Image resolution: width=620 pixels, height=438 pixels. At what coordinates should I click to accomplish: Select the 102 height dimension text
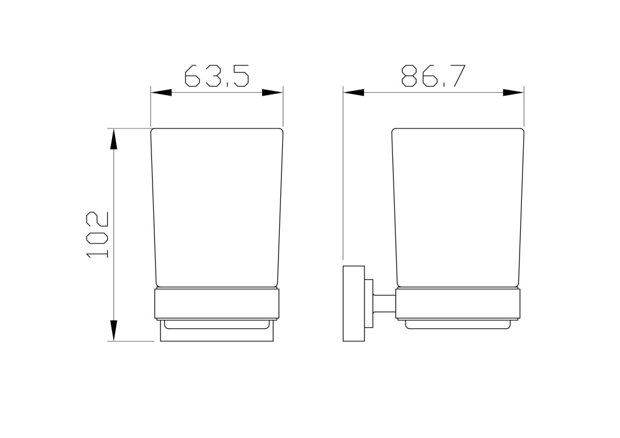[97, 235]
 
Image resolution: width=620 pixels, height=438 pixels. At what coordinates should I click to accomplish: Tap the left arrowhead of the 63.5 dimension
[161, 93]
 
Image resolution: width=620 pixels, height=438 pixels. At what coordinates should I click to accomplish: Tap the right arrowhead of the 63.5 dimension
[272, 93]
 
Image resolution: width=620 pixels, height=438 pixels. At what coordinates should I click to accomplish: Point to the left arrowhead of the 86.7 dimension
[354, 93]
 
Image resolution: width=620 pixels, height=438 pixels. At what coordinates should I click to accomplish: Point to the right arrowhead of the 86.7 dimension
[513, 93]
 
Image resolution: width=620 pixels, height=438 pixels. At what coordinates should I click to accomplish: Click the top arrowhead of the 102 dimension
[113, 139]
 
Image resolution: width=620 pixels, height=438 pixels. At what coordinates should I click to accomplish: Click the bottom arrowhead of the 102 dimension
[113, 330]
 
